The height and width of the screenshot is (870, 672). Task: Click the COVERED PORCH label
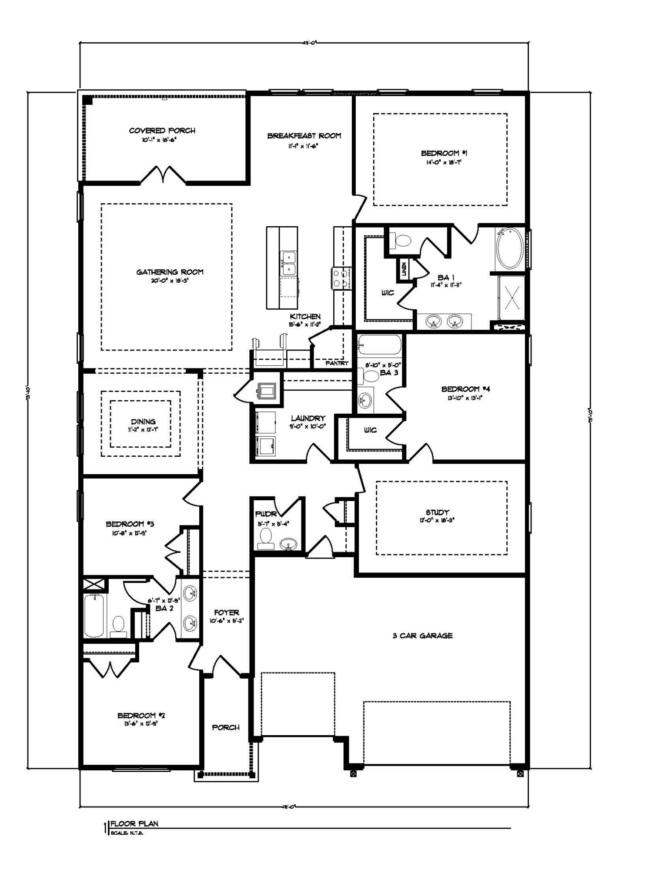pyautogui.click(x=162, y=130)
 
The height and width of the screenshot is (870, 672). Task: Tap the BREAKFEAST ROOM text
pyautogui.click(x=304, y=136)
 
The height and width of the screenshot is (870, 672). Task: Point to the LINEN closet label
pyautogui.click(x=404, y=269)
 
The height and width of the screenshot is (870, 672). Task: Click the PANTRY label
pyautogui.click(x=337, y=363)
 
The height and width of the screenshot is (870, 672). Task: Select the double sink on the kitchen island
pyautogui.click(x=288, y=263)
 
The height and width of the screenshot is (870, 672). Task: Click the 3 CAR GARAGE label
pyautogui.click(x=422, y=636)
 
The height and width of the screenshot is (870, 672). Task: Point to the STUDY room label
pyautogui.click(x=437, y=512)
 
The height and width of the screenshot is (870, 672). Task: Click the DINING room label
pyautogui.click(x=143, y=421)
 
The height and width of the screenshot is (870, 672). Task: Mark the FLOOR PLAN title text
pyautogui.click(x=134, y=823)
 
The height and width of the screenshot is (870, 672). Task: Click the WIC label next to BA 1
pyautogui.click(x=388, y=293)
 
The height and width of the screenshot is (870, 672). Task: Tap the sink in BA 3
pyautogui.click(x=365, y=399)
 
